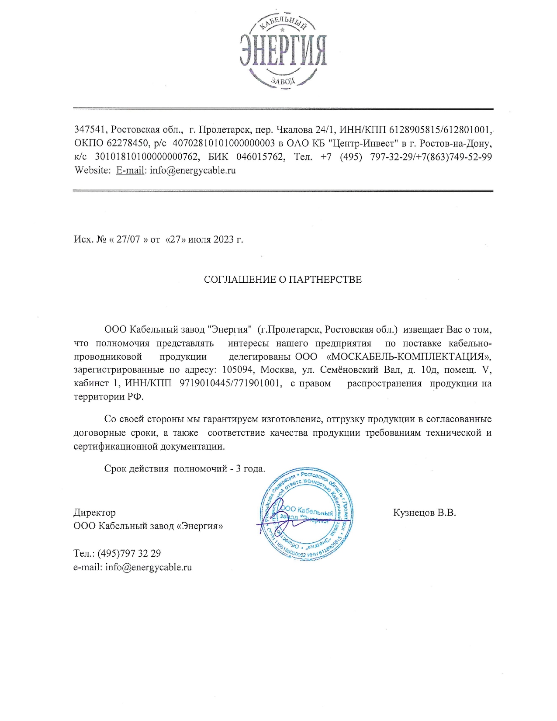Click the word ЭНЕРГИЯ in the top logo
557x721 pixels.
[283, 51]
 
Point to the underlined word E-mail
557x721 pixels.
[130, 170]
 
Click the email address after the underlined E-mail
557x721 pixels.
[193, 170]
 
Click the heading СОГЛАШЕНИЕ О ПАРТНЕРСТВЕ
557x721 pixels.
[283, 280]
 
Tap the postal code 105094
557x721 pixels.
[238, 370]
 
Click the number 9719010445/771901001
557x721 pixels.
[230, 384]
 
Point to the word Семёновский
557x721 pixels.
[349, 370]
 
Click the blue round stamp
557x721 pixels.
[306, 513]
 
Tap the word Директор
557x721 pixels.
[94, 513]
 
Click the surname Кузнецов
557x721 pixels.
[413, 513]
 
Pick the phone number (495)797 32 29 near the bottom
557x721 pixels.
[129, 554]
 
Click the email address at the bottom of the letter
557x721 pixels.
[149, 568]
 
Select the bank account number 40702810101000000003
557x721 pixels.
[224, 143]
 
